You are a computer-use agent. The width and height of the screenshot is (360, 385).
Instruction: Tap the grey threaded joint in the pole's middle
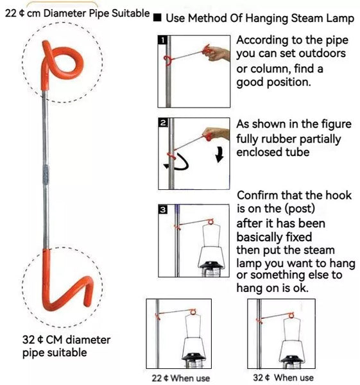click(x=46, y=175)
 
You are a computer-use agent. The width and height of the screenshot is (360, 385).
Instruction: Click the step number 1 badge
click(x=162, y=40)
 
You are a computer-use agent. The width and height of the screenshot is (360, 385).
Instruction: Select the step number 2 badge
click(x=163, y=123)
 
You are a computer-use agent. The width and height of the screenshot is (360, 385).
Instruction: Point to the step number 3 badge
click(x=163, y=209)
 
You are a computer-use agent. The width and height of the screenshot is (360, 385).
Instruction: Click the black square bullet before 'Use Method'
click(x=157, y=18)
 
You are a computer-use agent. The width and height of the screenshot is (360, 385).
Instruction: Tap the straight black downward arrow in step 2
click(x=219, y=155)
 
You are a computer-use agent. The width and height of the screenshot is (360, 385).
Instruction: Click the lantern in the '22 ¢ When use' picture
click(x=194, y=341)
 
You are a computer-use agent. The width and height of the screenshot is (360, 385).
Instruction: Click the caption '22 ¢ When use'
click(x=181, y=378)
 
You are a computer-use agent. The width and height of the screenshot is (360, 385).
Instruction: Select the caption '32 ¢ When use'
click(x=283, y=377)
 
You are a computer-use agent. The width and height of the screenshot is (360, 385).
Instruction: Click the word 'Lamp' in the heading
click(x=340, y=19)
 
